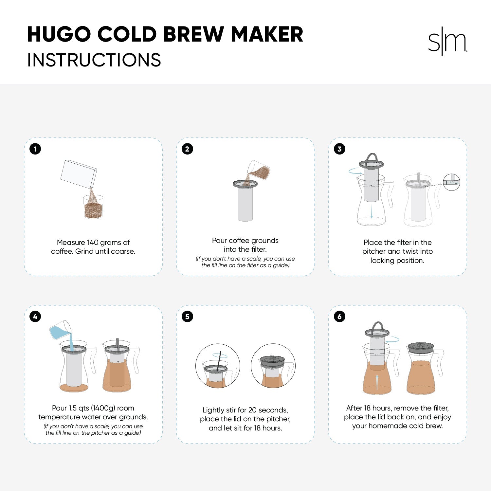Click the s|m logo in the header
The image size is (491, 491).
coord(447,42)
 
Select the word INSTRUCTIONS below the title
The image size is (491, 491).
coord(94,60)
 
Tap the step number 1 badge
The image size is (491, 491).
coord(35,149)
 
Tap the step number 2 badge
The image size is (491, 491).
coord(187,149)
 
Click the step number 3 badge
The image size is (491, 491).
coord(339,149)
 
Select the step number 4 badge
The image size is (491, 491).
coord(35,317)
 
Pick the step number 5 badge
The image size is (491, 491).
coord(187,317)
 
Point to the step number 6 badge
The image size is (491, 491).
coord(339,317)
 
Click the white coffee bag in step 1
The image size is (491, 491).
coord(79,174)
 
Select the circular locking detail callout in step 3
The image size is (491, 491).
coord(451,182)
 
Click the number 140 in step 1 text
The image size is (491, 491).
coord(93,243)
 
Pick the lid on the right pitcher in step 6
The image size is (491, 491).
coord(421,347)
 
